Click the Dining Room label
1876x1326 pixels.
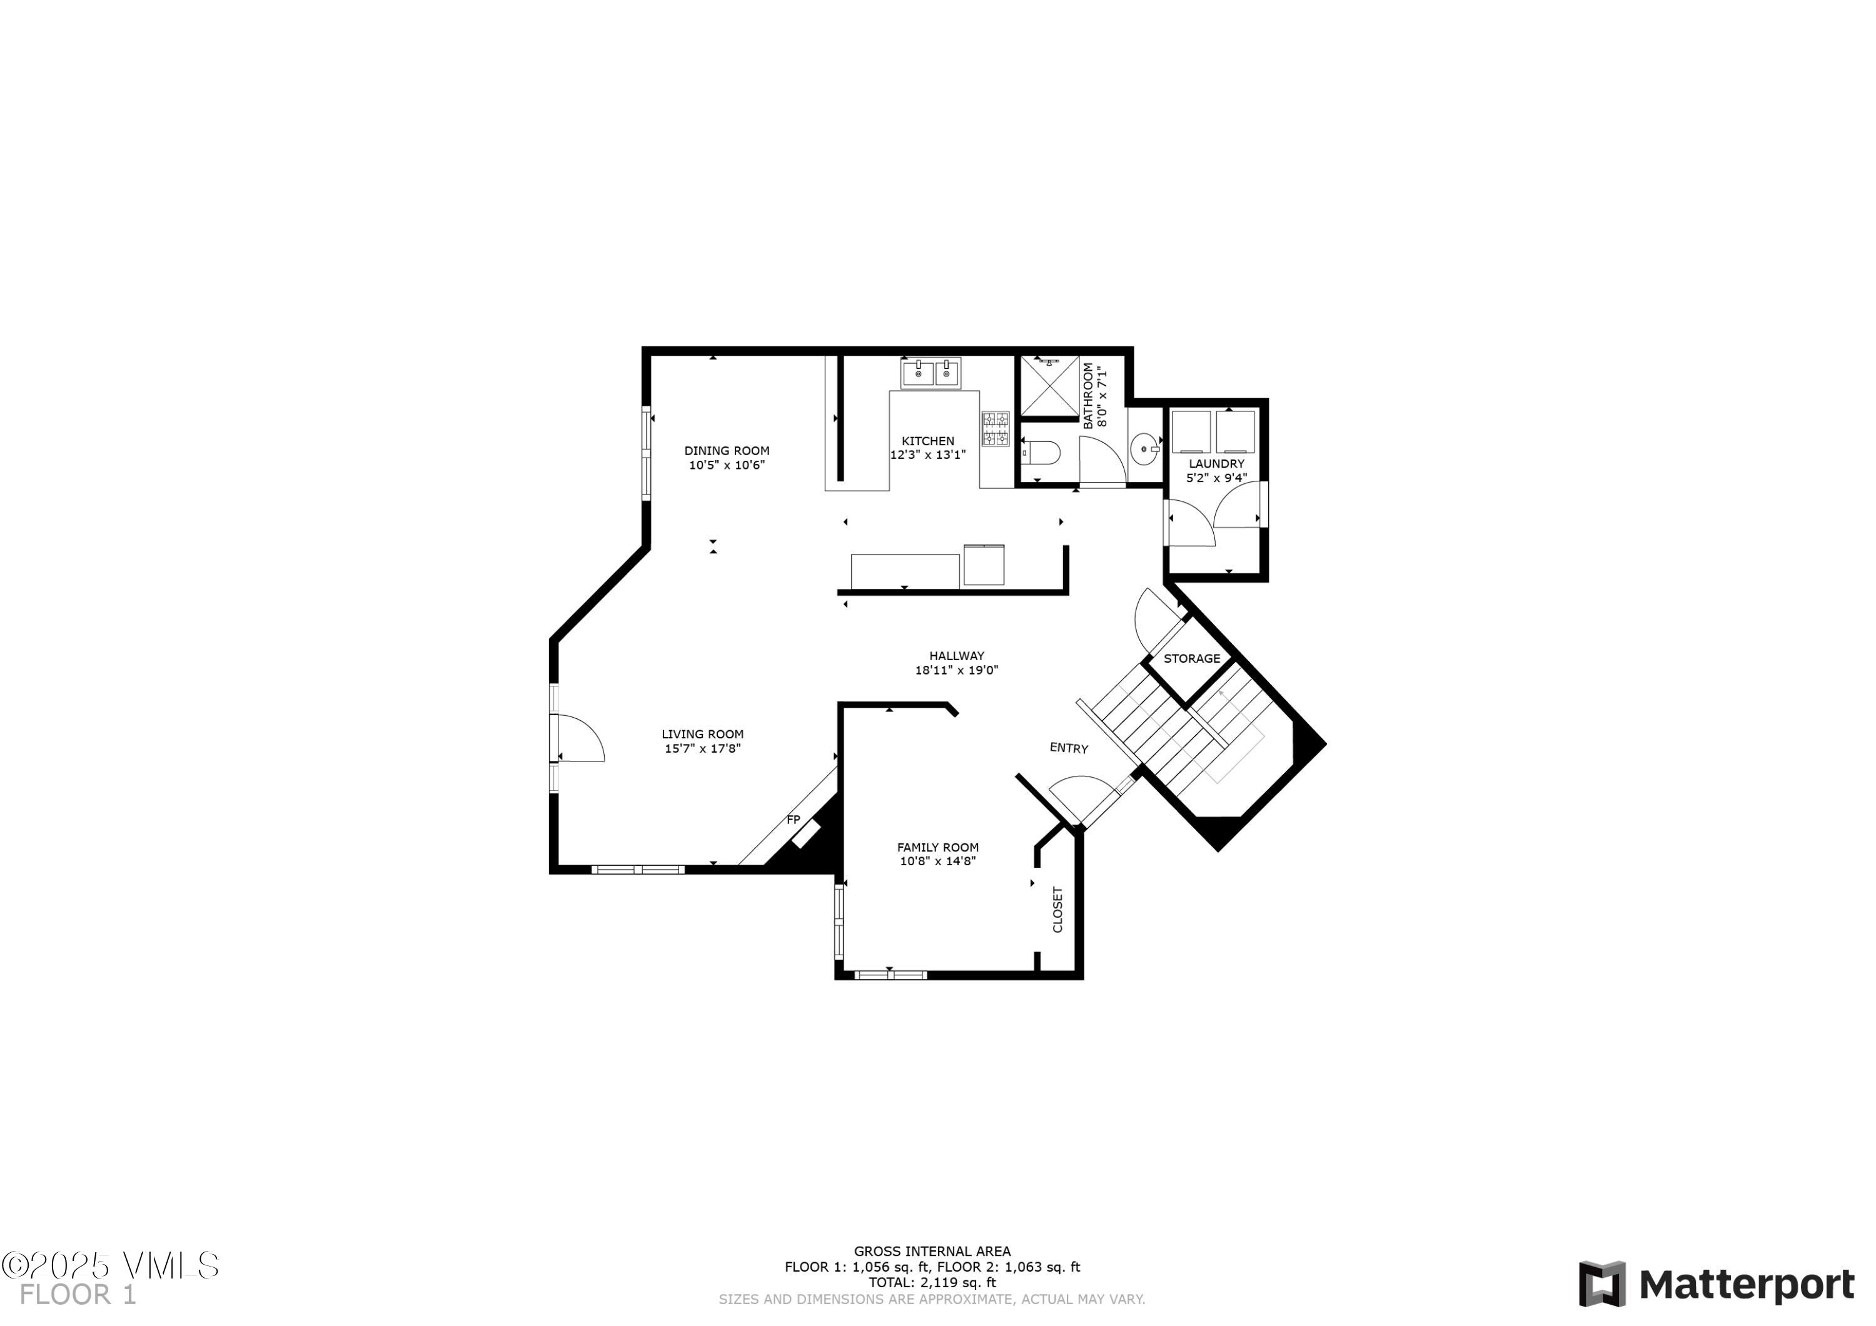(x=727, y=451)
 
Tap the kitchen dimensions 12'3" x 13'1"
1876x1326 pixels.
(x=927, y=455)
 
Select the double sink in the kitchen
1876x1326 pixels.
(x=932, y=373)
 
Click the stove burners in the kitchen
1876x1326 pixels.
(x=995, y=429)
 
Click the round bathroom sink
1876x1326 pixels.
(x=1144, y=448)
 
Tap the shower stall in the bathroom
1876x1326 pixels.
(x=1050, y=386)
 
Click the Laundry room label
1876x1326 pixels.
(x=1216, y=464)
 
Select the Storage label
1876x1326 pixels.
(x=1191, y=658)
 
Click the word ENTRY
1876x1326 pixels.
(x=1068, y=748)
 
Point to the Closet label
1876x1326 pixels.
(x=1057, y=910)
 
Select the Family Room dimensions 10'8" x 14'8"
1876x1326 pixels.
(x=937, y=861)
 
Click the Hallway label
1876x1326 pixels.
(x=956, y=655)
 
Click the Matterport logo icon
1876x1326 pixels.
(x=1601, y=1283)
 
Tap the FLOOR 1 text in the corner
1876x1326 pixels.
(x=78, y=1295)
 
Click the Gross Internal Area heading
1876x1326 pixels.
(x=932, y=1251)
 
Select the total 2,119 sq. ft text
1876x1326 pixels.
(x=932, y=1283)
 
